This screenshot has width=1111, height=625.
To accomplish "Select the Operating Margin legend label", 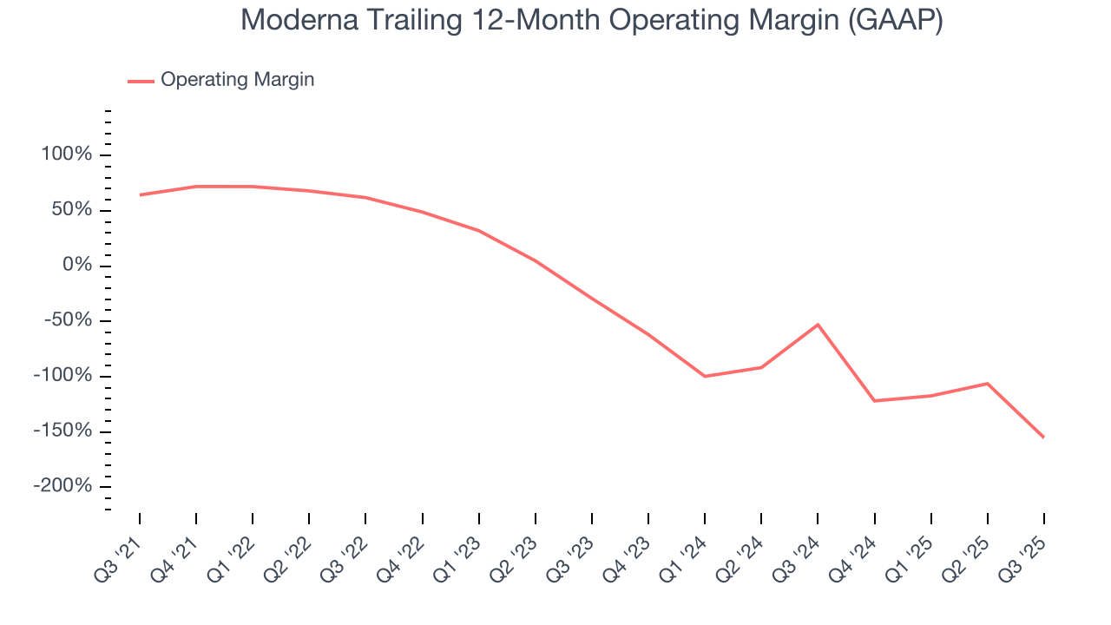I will [x=237, y=80].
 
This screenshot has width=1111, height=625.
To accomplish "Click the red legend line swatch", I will [x=141, y=81].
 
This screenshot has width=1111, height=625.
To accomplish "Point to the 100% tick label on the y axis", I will [x=65, y=155].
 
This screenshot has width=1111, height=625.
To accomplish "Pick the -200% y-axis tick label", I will [x=62, y=486].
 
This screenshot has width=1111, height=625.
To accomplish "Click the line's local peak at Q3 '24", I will [x=818, y=325].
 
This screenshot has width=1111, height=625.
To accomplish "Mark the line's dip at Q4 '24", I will [x=874, y=401].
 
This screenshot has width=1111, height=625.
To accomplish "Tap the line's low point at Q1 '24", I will [x=705, y=376].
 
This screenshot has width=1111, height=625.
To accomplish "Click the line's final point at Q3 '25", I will [x=1043, y=437].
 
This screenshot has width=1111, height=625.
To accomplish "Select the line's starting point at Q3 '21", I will [x=140, y=194].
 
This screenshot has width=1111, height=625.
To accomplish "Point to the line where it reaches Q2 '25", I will [x=987, y=384].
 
